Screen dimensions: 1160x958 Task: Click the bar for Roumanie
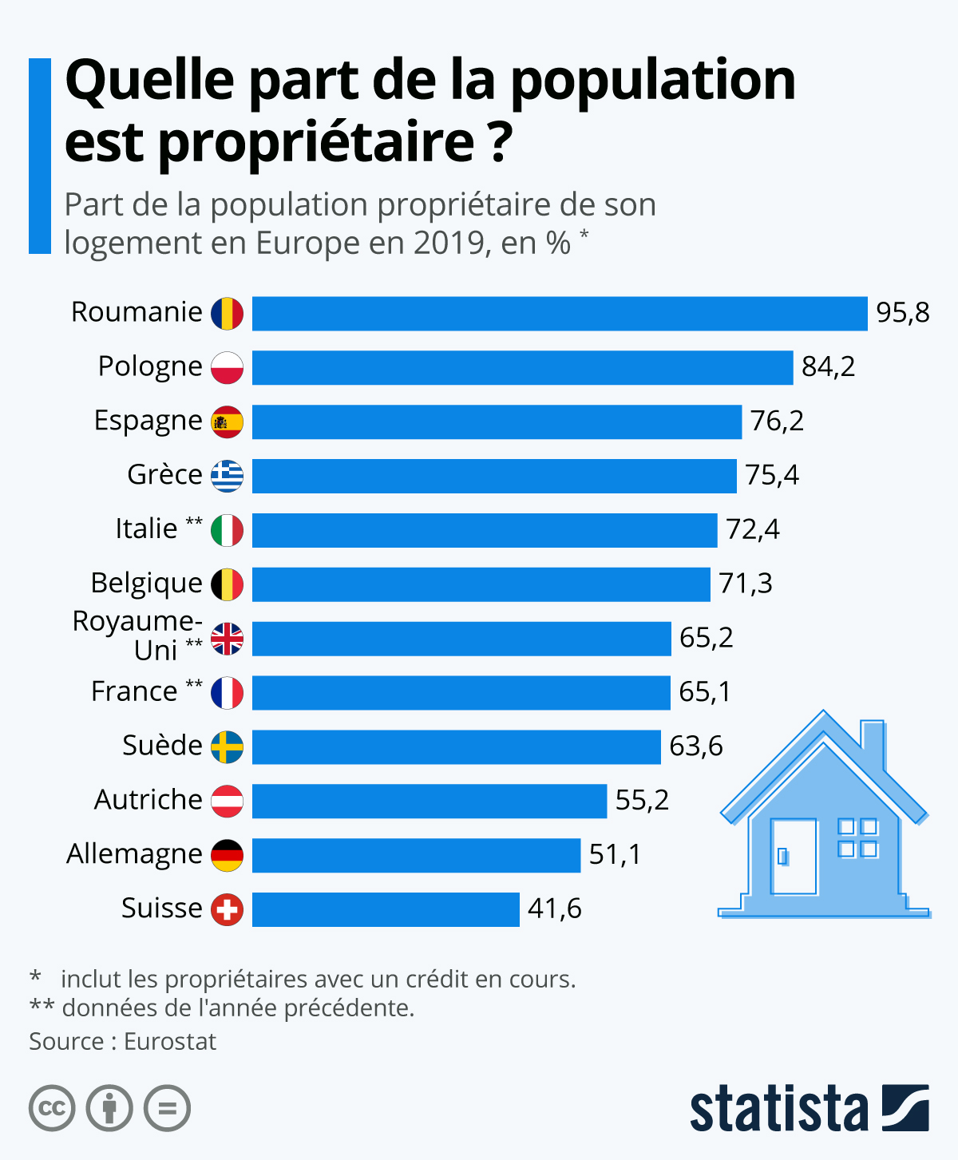point(559,313)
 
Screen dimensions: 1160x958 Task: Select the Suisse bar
point(386,909)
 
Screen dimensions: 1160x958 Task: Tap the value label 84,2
point(828,366)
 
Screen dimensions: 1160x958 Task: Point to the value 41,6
point(554,909)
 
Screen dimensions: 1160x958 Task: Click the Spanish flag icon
point(227,422)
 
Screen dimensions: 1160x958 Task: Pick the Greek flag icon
point(227,476)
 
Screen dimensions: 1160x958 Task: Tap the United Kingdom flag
point(227,639)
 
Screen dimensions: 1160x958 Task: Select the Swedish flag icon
point(227,747)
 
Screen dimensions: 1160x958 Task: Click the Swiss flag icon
point(227,909)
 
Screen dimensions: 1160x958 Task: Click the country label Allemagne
point(134,854)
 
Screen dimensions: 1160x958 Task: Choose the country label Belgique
point(146,584)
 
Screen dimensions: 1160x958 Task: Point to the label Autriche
point(148,800)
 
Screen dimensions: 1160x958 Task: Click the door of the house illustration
point(793,857)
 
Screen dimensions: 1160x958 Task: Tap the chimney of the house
point(873,742)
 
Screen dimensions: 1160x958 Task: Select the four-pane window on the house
point(857,837)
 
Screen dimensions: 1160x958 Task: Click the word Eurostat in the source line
point(170,1042)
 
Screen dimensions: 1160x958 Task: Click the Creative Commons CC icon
point(52,1108)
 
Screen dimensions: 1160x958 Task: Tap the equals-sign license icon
point(167,1108)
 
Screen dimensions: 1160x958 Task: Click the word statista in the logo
point(778,1109)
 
